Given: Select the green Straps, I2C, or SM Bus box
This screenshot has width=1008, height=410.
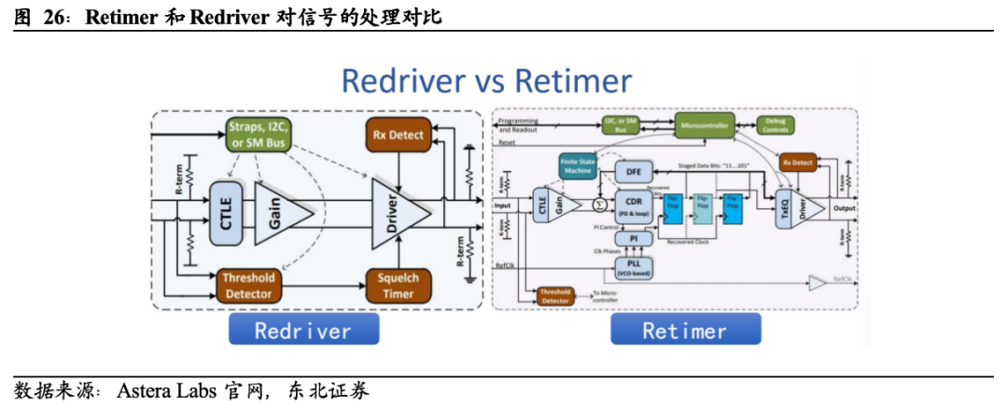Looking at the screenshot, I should pyautogui.click(x=259, y=135).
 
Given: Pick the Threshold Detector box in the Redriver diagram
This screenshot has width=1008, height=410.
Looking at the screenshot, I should pyautogui.click(x=248, y=285).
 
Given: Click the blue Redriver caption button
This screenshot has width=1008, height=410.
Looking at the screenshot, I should pyautogui.click(x=303, y=330).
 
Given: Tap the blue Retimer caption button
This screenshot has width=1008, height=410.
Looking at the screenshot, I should pyautogui.click(x=684, y=330).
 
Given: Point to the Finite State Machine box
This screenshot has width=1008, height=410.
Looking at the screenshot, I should pyautogui.click(x=578, y=165).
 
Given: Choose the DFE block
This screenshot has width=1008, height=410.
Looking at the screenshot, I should pyautogui.click(x=633, y=171).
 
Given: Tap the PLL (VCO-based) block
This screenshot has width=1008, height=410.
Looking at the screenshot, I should pyautogui.click(x=633, y=266).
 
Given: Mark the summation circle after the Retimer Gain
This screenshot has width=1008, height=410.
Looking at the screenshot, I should pyautogui.click(x=601, y=204).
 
